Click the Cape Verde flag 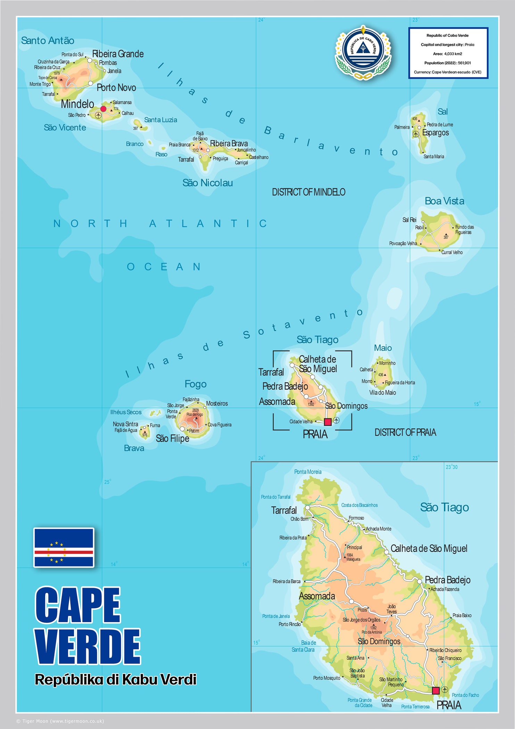tap(64, 547)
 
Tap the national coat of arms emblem tap(363, 51)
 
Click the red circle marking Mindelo tap(103, 109)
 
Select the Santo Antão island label tap(48, 41)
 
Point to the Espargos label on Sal tap(435, 133)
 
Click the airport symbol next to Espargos tap(416, 134)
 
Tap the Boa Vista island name tap(444, 201)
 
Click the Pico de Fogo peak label tap(194, 414)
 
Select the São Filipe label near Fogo tap(172, 438)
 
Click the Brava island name tap(134, 448)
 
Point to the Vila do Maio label tap(382, 393)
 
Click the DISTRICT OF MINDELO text tap(308, 192)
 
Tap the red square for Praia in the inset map tap(435, 690)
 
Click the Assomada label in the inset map tap(317, 596)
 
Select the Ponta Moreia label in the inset tap(308, 472)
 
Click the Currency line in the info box tap(447, 72)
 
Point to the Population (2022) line tap(447, 63)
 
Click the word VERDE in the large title tap(88, 646)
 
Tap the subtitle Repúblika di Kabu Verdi tap(115, 679)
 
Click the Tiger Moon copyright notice tap(60, 721)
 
